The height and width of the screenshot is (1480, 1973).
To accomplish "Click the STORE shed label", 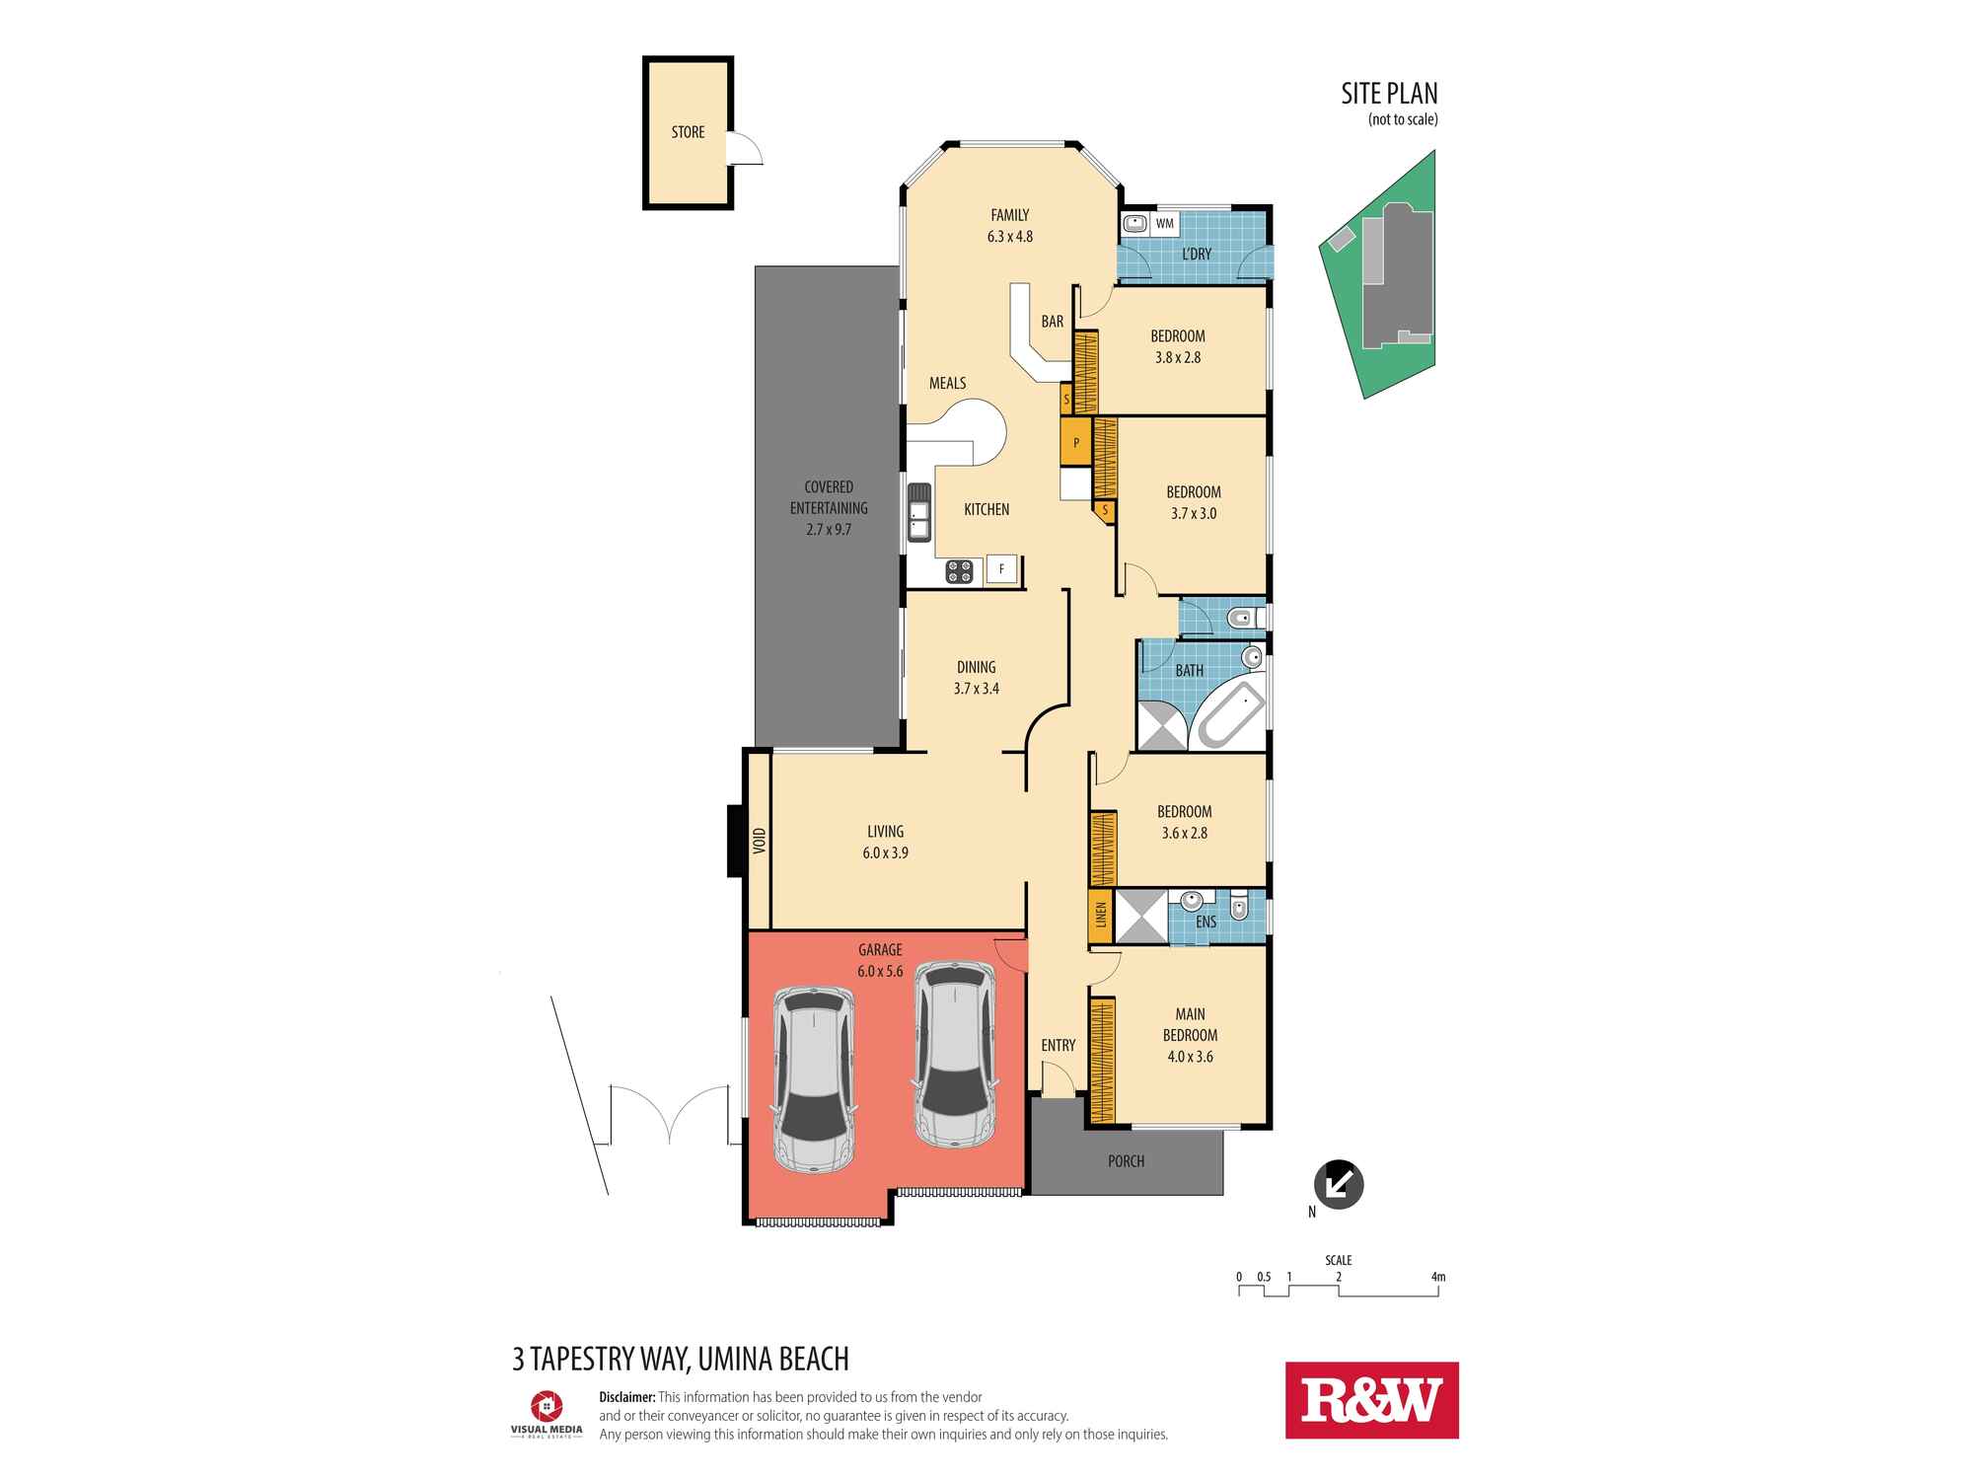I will click(x=688, y=132).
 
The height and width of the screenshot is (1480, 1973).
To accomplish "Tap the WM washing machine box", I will click(x=1165, y=224).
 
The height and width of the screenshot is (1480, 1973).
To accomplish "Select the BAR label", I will click(x=1052, y=322).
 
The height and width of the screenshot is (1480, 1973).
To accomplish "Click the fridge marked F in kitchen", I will click(x=1001, y=569).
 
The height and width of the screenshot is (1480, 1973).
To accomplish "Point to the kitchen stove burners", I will click(x=959, y=570).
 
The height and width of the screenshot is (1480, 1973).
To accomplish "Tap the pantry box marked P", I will click(x=1075, y=443).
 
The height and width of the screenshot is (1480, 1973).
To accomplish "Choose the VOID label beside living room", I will click(x=759, y=840).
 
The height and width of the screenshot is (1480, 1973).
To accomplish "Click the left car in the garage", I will click(x=814, y=1078).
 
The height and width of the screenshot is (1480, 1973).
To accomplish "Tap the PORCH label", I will click(x=1126, y=1161).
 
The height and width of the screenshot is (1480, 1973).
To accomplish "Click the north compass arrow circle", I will click(x=1338, y=1183).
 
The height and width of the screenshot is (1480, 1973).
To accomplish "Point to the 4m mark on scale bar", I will click(x=1437, y=1277).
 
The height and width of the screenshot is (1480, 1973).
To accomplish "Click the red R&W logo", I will click(x=1370, y=1400).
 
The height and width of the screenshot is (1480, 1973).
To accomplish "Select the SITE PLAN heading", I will click(x=1388, y=94).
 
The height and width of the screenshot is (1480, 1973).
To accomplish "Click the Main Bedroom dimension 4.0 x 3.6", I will click(x=1189, y=1057).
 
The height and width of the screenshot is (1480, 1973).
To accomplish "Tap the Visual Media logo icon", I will click(x=546, y=1405).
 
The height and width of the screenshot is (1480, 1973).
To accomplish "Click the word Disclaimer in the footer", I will click(x=626, y=1397).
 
